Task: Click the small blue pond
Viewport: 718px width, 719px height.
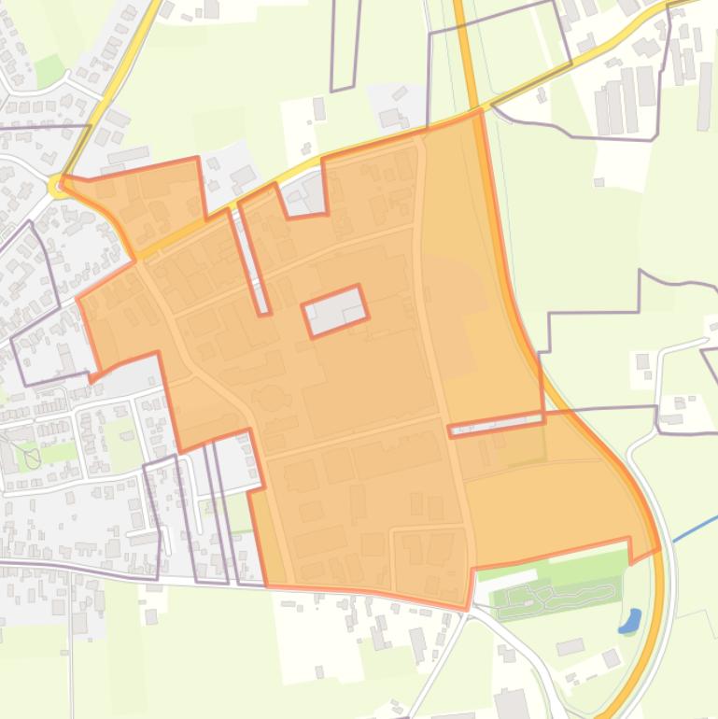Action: (630, 621)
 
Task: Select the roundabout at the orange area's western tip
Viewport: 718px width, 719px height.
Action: (60, 186)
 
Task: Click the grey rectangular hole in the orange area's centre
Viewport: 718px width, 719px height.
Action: (334, 310)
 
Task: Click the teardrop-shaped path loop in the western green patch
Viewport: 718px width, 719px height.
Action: (33, 457)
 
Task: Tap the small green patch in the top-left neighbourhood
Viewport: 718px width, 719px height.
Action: (49, 70)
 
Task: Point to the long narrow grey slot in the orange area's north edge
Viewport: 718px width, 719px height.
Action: (251, 257)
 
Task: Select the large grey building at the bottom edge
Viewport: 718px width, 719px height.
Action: (512, 705)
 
